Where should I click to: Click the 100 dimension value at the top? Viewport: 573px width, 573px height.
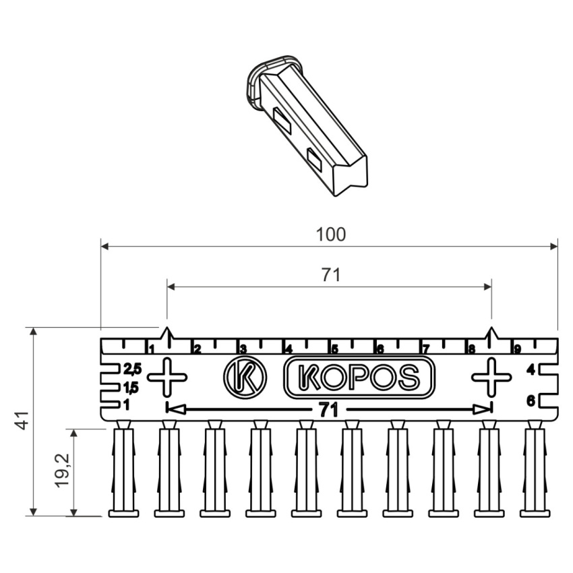[x=331, y=235]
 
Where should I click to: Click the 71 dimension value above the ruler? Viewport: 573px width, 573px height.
[x=331, y=275]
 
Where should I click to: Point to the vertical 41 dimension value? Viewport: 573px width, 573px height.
[x=23, y=420]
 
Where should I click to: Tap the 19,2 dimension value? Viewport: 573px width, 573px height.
[x=63, y=471]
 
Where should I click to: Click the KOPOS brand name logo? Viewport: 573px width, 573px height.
[x=359, y=377]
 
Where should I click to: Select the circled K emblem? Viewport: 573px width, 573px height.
[x=245, y=377]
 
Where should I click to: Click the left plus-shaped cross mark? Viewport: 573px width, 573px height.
[x=167, y=377]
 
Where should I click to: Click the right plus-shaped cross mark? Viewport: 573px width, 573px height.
[x=491, y=377]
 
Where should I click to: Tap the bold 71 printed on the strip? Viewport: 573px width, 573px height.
[x=328, y=411]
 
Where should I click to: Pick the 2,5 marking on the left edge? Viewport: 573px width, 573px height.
[x=132, y=369]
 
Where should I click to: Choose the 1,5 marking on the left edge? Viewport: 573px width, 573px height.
[x=131, y=388]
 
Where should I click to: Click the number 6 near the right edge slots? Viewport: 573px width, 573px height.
[x=531, y=401]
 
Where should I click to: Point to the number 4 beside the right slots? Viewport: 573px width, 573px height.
[x=531, y=370]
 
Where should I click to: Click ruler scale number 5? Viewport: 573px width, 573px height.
[x=334, y=349]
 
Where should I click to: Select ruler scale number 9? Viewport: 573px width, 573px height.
[x=517, y=349]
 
